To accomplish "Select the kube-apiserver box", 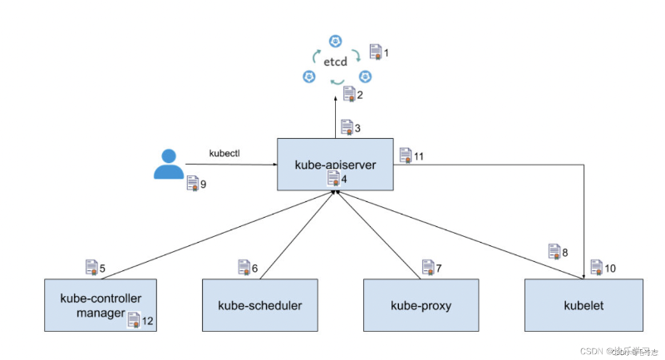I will (336, 165).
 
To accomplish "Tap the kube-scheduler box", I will (260, 305).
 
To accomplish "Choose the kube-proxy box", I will (421, 305).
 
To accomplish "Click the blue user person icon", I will (169, 164).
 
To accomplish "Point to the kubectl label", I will (224, 153).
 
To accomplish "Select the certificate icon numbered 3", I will (347, 127).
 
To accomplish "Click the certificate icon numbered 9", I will (193, 183).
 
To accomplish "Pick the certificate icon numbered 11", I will (405, 155).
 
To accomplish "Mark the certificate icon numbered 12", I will (134, 318).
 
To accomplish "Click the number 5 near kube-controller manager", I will (103, 269).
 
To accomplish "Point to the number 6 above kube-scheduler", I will (254, 269).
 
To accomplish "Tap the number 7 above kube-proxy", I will (438, 269).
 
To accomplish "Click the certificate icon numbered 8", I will (554, 250).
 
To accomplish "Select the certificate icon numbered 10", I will (597, 267).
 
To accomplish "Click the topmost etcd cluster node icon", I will (336, 40).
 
